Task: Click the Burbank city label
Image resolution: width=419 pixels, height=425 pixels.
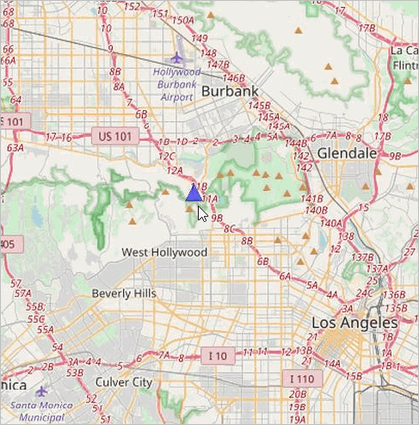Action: (x=231, y=91)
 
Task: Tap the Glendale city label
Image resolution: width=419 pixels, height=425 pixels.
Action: (x=347, y=153)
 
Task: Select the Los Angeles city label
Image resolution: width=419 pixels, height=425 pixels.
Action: (x=354, y=323)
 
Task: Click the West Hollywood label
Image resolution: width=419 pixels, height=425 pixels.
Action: (x=164, y=252)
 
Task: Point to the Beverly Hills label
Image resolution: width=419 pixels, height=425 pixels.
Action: (x=125, y=293)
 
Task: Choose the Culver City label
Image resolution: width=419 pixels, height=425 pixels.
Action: (x=124, y=382)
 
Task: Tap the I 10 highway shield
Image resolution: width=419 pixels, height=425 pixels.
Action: (x=217, y=355)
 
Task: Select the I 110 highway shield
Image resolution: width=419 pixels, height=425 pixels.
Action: (x=301, y=378)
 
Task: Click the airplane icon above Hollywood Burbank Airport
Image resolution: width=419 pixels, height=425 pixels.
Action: (x=177, y=59)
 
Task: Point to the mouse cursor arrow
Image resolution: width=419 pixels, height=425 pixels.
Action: (x=201, y=212)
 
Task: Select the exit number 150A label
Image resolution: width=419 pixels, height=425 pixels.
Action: (x=183, y=20)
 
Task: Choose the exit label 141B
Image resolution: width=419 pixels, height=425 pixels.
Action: (x=312, y=199)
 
